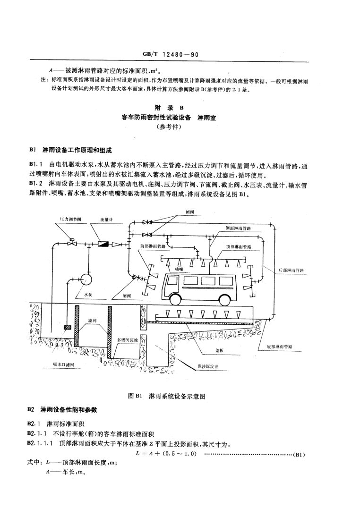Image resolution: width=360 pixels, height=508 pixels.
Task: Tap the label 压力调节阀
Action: pos(70,220)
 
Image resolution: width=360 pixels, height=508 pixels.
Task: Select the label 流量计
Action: pos(106,220)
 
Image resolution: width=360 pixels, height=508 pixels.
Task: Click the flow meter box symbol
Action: pos(103,244)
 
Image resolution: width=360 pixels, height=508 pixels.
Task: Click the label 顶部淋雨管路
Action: pos(239,246)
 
